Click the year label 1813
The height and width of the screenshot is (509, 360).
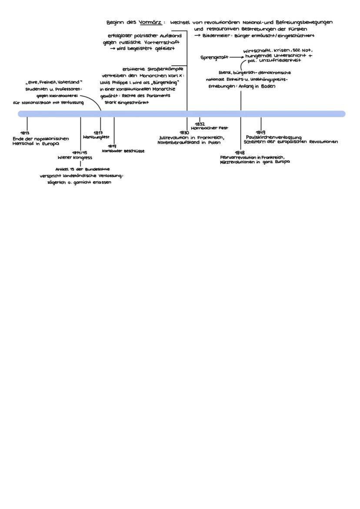click(x=25, y=133)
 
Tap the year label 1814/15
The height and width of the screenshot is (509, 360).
click(x=80, y=153)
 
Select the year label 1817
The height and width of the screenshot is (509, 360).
click(x=98, y=132)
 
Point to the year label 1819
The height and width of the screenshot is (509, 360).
click(x=112, y=146)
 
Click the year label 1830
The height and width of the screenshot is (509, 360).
click(x=184, y=132)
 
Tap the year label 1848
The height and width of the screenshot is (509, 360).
click(x=240, y=153)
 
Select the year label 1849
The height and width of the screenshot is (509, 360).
click(x=260, y=132)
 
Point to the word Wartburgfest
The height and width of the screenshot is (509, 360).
click(x=96, y=137)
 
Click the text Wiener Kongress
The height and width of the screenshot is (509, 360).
click(x=75, y=157)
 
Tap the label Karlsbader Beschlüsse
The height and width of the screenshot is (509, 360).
click(x=123, y=151)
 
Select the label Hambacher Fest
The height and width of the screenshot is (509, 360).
click(x=210, y=128)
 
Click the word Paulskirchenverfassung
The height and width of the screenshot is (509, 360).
click(x=273, y=137)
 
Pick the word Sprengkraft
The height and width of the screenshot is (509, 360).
click(x=214, y=57)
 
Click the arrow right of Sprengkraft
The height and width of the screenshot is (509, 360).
click(x=237, y=57)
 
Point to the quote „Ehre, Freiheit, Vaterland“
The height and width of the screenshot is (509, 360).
click(x=53, y=82)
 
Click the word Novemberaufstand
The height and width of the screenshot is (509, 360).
click(x=179, y=142)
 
